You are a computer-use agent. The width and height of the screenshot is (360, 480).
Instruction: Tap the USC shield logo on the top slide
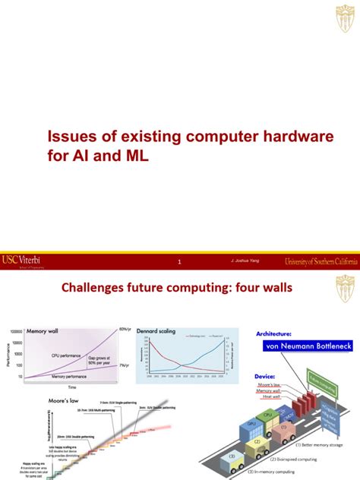[x=344, y=17]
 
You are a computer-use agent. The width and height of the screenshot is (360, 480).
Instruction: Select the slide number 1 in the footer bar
[x=179, y=263]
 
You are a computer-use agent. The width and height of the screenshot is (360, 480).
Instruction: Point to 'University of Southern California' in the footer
[x=320, y=262]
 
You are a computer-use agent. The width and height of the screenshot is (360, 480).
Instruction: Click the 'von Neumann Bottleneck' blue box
[x=305, y=346]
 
